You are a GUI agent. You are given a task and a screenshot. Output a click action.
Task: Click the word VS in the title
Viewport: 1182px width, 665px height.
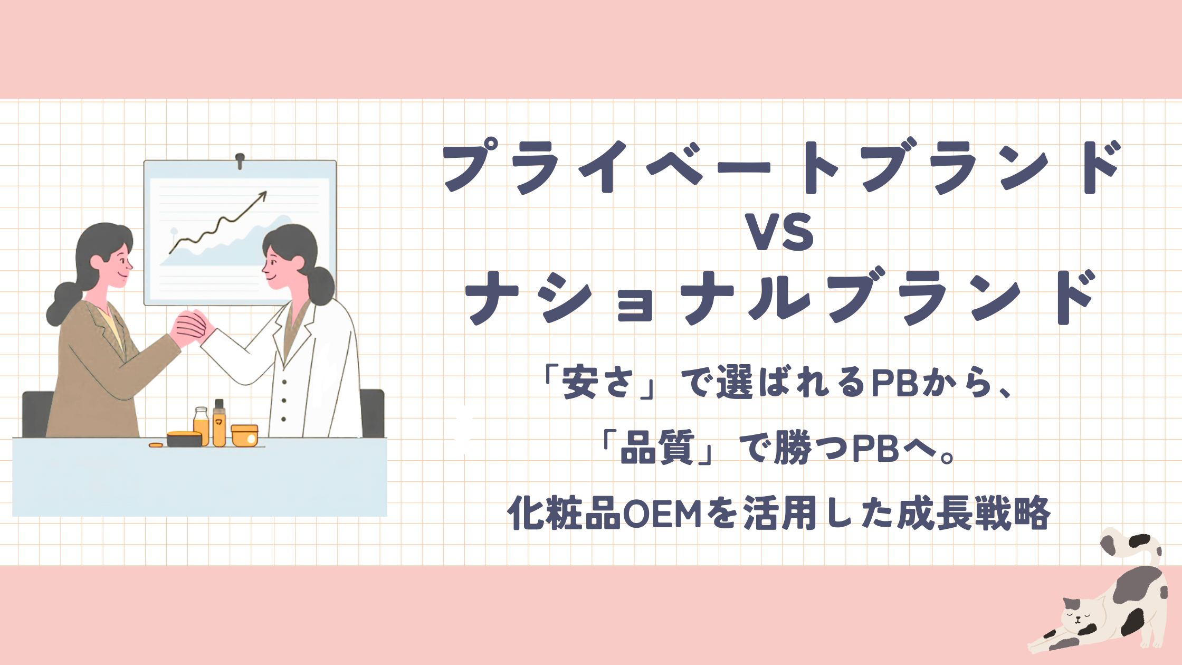(781, 232)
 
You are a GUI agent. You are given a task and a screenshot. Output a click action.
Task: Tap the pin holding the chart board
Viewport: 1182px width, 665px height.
(240, 159)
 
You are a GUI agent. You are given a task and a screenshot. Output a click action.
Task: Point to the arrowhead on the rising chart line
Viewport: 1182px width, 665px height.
(262, 195)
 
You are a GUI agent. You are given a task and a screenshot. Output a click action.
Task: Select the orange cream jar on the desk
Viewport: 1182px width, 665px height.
(245, 436)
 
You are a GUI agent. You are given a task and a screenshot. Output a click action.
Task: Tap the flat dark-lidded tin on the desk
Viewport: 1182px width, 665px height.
(184, 439)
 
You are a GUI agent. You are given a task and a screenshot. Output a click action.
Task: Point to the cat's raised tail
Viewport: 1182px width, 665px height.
(1135, 549)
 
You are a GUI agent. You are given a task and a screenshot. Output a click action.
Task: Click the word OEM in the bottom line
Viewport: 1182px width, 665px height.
(662, 514)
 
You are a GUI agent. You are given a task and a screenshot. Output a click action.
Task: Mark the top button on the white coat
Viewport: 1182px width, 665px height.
(284, 382)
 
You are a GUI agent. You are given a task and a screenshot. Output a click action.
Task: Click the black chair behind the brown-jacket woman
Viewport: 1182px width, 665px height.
(37, 414)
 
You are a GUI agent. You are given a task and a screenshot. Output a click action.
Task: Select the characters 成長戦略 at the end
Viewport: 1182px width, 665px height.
(974, 514)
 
